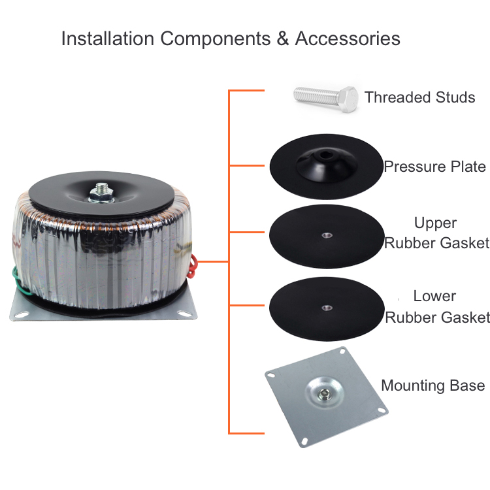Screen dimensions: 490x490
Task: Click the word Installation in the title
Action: pyautogui.click(x=108, y=39)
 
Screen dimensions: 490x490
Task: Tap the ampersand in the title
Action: pyautogui.click(x=282, y=39)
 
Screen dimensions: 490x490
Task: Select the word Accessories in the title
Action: pyautogui.click(x=348, y=39)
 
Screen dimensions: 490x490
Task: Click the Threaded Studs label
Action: pyautogui.click(x=419, y=98)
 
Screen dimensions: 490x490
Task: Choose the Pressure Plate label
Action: pyautogui.click(x=434, y=167)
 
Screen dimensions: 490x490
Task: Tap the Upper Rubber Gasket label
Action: pyautogui.click(x=436, y=233)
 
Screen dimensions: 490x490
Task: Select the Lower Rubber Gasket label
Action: pyautogui.click(x=436, y=306)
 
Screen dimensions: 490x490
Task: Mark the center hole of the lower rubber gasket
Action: pyautogui.click(x=325, y=306)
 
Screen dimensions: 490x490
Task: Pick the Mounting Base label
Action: pyautogui.click(x=433, y=385)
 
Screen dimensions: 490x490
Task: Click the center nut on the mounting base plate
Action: pyautogui.click(x=325, y=394)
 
